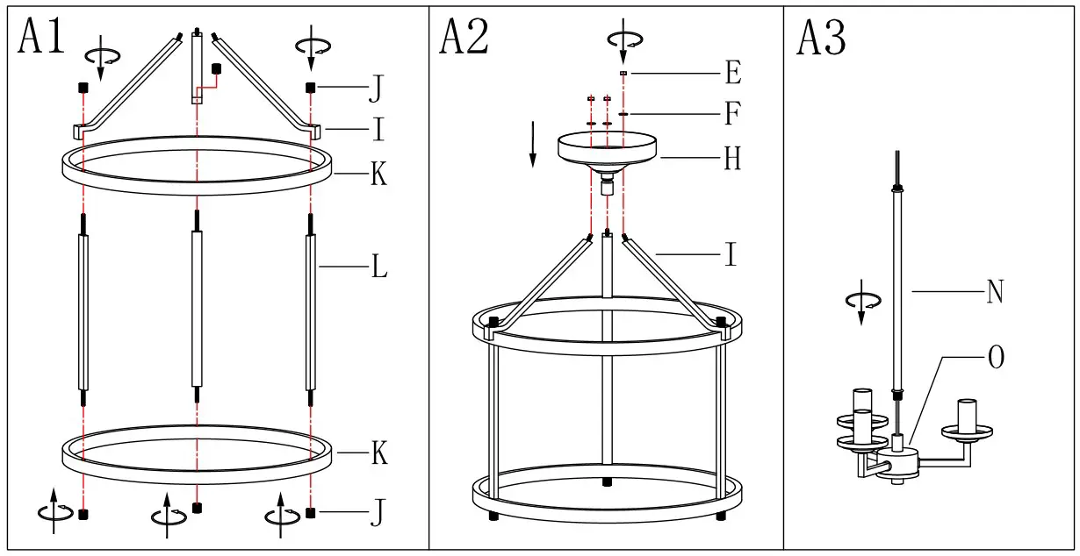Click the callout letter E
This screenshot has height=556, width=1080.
(x=733, y=73)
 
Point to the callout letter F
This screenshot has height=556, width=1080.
(x=733, y=114)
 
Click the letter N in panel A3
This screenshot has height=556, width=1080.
(x=995, y=292)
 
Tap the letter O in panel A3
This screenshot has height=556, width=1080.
(x=996, y=358)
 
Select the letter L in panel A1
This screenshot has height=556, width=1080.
(x=379, y=267)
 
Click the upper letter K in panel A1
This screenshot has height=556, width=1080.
(x=378, y=175)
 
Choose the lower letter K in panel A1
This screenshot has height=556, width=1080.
(x=379, y=453)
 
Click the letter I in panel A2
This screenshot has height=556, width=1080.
(x=731, y=255)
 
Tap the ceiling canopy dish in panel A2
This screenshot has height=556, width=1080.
(x=608, y=146)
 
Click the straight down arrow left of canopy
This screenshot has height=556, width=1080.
(x=532, y=145)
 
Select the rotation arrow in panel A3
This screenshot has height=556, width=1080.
(x=860, y=302)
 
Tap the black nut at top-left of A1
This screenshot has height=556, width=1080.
(x=83, y=88)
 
